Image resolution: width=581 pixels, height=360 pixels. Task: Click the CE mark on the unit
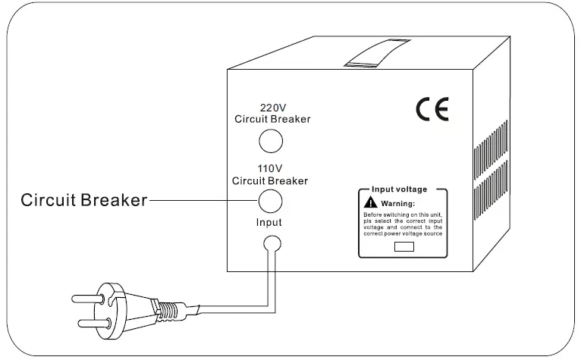(432, 110)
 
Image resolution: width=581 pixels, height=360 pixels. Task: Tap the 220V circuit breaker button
(271, 141)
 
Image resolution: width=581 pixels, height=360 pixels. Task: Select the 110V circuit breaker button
(271, 201)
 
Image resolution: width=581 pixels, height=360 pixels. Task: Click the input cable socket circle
(271, 243)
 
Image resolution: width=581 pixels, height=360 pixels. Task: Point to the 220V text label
(272, 108)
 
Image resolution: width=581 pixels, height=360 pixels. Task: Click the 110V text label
(270, 169)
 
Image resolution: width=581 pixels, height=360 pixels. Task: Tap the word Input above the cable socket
(269, 223)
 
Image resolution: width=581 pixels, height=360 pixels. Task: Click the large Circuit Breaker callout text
(83, 201)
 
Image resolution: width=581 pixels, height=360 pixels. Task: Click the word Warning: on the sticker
(397, 204)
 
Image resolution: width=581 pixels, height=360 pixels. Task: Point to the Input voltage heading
(399, 189)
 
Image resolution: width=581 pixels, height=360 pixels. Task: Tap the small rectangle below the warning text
(404, 246)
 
